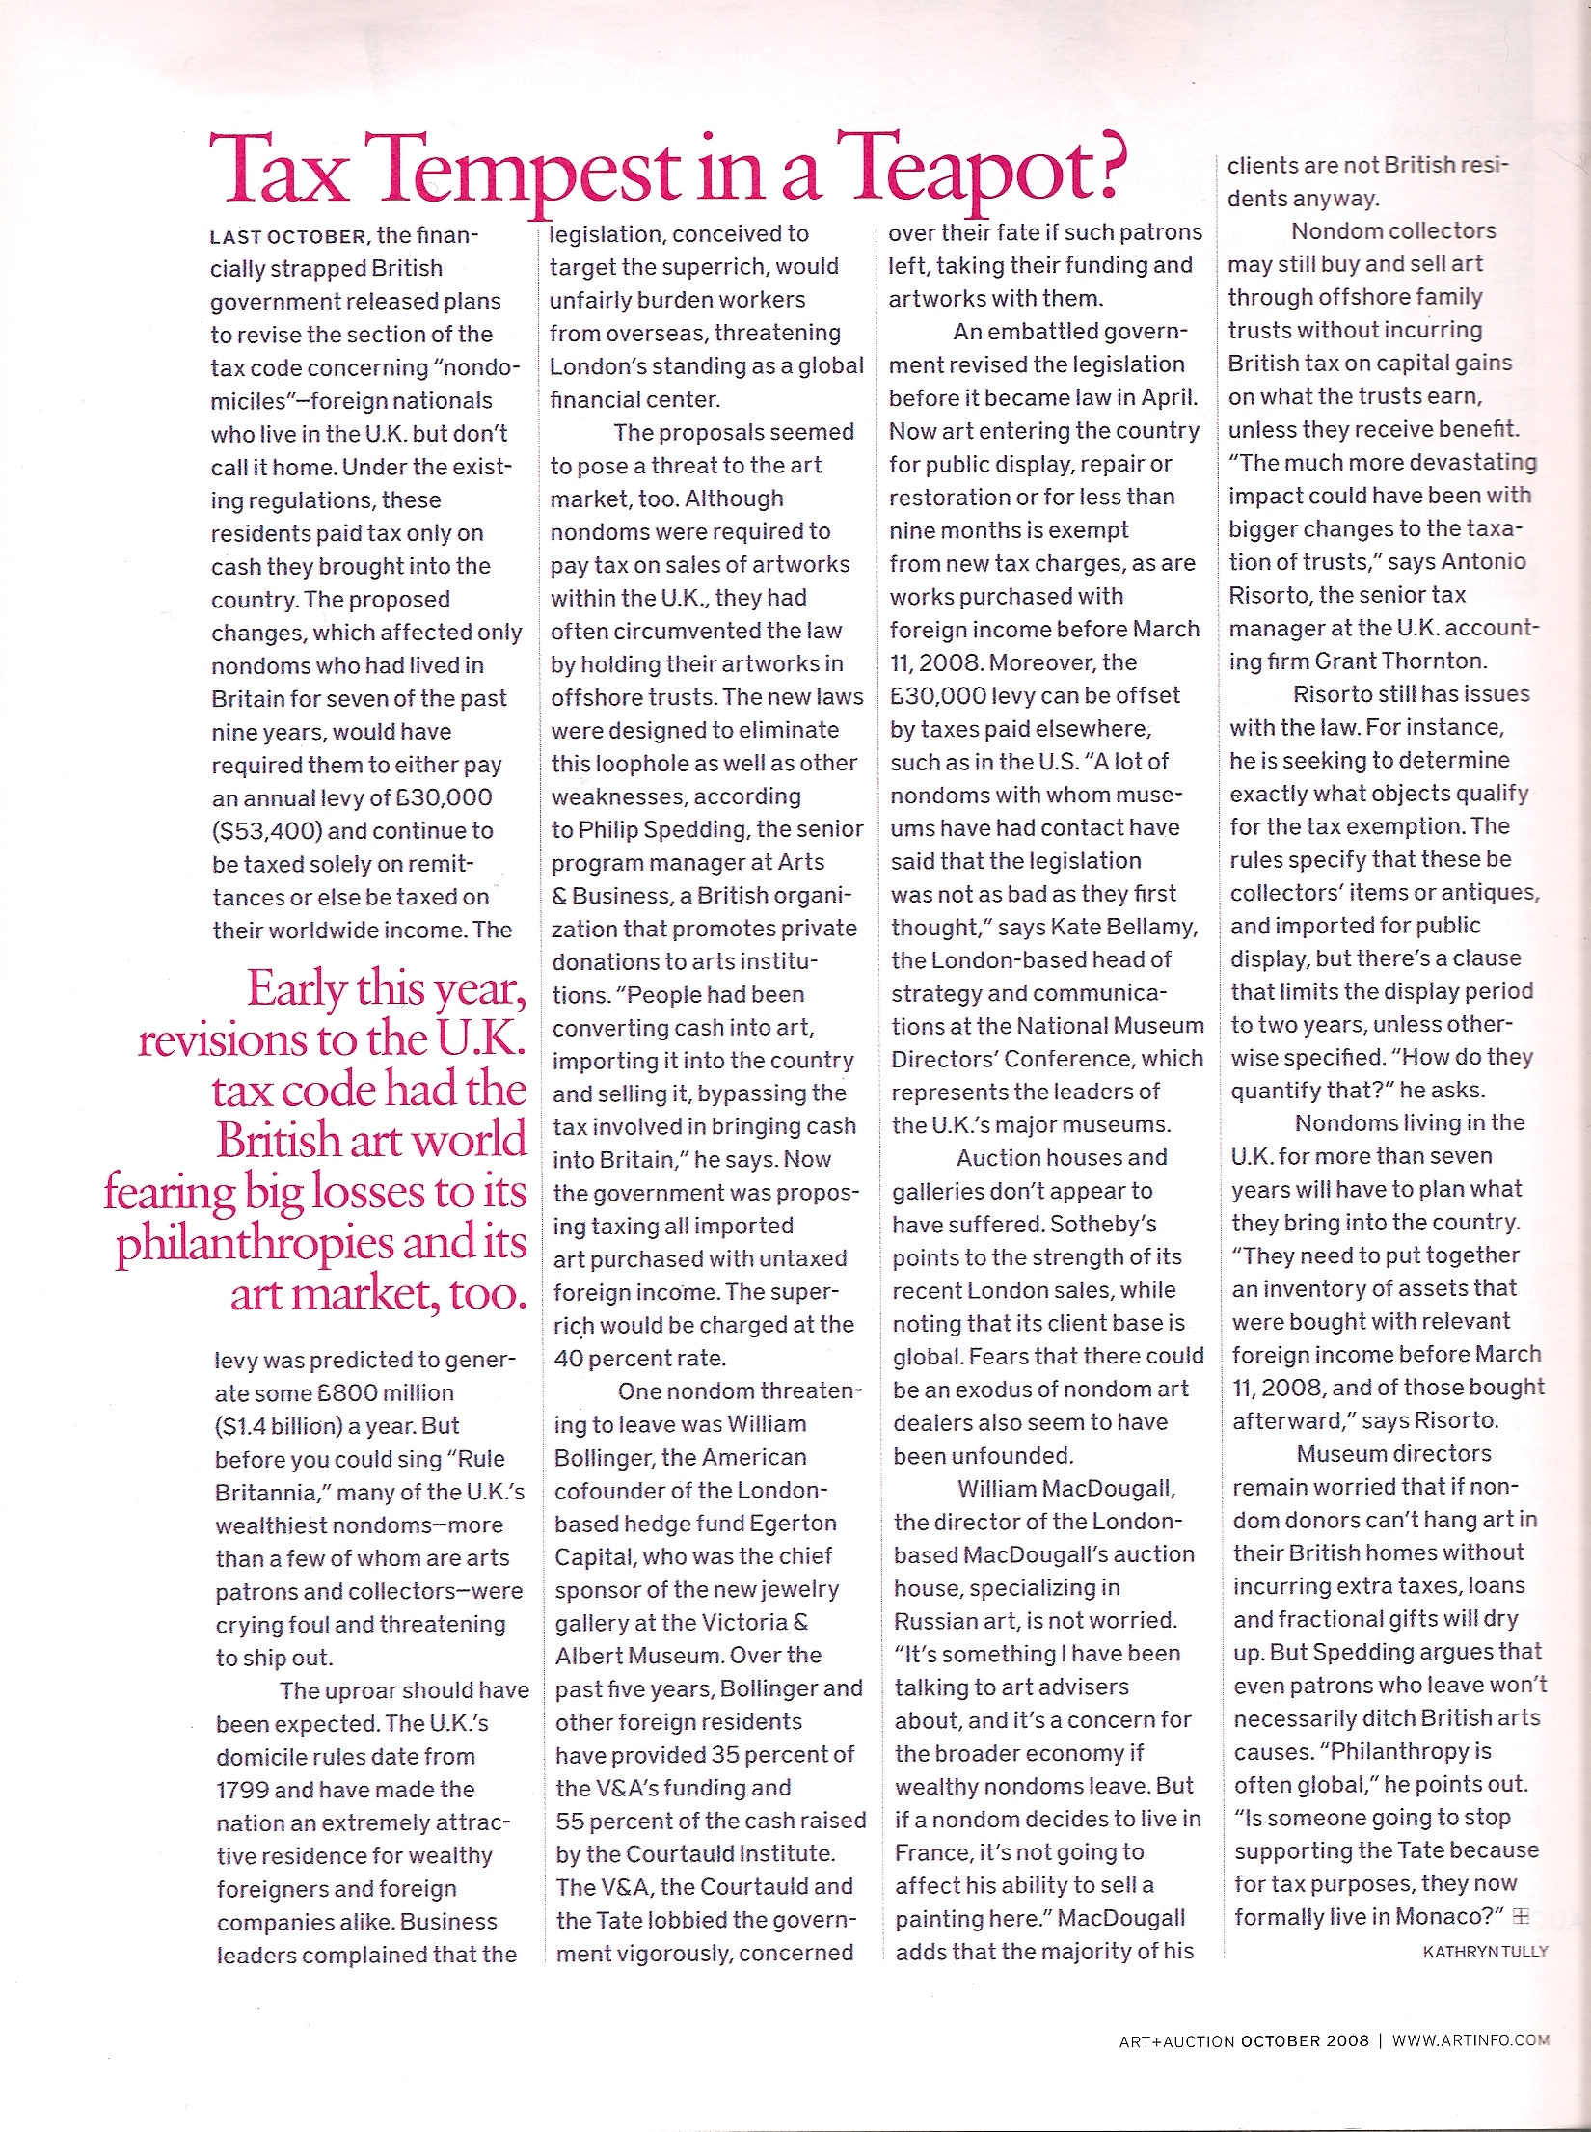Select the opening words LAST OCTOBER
coord(287,237)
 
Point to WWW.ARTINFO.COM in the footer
coord(1470,2040)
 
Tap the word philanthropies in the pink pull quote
coord(255,1244)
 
